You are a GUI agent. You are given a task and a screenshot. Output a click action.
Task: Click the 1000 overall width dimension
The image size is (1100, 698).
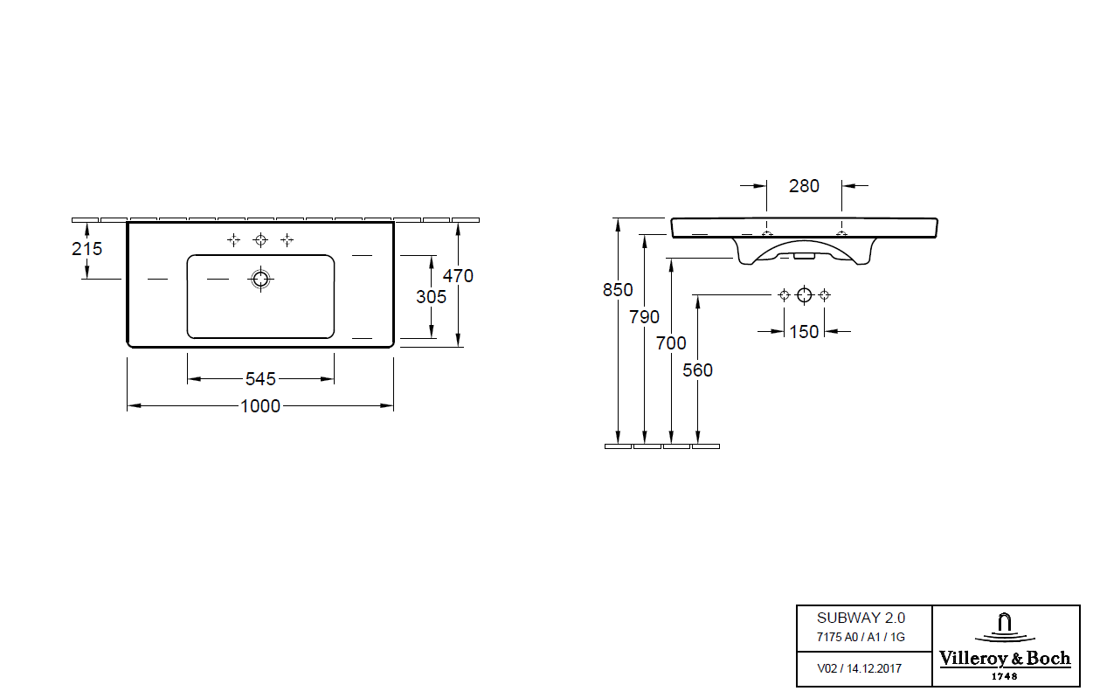tap(260, 406)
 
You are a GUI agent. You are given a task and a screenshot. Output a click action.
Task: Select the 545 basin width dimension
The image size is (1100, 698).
tap(260, 379)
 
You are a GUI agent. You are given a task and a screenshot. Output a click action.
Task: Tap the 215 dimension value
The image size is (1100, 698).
tap(86, 249)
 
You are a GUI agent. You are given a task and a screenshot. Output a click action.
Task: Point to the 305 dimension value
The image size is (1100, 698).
tap(431, 296)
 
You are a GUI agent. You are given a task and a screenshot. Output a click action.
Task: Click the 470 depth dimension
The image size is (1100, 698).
tap(458, 276)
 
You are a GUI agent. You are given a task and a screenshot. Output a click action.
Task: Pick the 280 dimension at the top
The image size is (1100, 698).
tap(805, 186)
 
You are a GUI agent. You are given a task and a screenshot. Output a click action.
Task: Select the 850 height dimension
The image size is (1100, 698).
tap(618, 290)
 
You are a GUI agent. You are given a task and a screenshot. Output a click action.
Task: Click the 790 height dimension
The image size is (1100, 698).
tap(644, 317)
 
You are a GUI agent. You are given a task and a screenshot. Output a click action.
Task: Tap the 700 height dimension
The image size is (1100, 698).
tap(671, 343)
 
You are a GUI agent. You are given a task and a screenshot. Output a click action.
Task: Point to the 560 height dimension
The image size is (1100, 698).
tap(697, 370)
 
